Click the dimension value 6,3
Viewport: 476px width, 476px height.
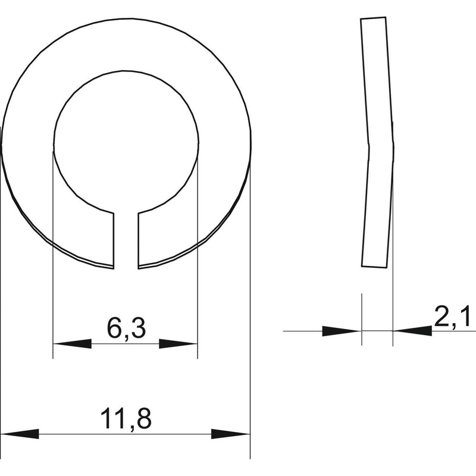tap(126, 329)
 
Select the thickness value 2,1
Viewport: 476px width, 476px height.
tap(452, 317)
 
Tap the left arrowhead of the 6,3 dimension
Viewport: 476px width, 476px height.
tap(72, 344)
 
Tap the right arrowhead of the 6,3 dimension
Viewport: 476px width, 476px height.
tap(178, 344)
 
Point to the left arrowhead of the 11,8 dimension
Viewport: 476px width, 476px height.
tap(20, 434)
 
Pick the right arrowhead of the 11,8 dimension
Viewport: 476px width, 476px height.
tap(230, 434)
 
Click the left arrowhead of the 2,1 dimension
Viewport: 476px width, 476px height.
tap(342, 331)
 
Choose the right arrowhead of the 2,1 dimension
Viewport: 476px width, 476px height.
tap(412, 331)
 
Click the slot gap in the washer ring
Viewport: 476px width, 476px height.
tap(126, 240)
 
